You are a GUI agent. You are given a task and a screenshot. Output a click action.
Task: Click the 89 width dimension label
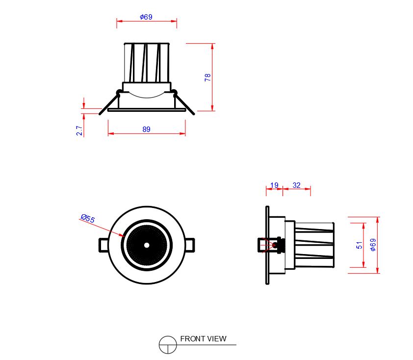[147, 129]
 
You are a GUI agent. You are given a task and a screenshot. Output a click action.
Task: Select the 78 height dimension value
[207, 77]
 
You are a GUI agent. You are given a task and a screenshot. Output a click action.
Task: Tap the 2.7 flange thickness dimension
[79, 130]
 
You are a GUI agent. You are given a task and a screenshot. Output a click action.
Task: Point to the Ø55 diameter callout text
[88, 218]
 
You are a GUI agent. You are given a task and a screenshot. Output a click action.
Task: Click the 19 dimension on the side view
[274, 185]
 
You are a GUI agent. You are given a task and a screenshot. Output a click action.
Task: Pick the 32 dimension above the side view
[296, 185]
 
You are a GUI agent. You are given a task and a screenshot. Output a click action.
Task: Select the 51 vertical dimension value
[359, 245]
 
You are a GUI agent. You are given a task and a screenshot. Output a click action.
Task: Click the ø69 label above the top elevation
[146, 17]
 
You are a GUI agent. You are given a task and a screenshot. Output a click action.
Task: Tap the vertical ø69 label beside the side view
[373, 245]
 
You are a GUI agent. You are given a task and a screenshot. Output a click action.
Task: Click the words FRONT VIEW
[203, 339]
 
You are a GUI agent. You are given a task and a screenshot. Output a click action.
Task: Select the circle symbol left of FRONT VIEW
[168, 345]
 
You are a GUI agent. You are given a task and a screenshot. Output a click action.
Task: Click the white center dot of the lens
[147, 245]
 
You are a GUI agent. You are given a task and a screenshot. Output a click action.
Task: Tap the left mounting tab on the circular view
[103, 245]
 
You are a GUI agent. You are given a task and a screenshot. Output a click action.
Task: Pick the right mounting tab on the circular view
[190, 245]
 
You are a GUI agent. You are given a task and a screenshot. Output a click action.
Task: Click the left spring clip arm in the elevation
[110, 103]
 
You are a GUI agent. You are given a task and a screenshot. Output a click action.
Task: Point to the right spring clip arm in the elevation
[183, 103]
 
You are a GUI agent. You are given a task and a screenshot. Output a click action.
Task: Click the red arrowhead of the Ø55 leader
[122, 234]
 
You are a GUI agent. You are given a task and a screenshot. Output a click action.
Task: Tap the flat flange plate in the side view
[267, 245]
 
